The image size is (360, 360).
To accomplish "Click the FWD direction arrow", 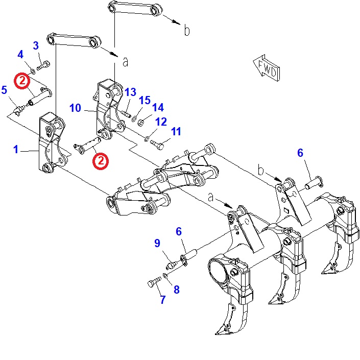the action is click(267, 68).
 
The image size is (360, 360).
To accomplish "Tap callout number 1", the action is click(16, 149).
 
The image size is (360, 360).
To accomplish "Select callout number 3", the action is click(36, 45).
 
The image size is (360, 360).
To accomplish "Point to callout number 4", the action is click(20, 55).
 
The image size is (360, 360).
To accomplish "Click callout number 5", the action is click(4, 90).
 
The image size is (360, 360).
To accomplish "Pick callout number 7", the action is click(163, 299).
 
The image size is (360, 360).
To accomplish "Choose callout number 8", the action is click(177, 290).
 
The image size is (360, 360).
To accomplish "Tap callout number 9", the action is click(157, 243).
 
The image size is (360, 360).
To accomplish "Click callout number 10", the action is click(75, 108).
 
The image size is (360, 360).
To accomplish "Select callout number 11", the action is click(176, 131).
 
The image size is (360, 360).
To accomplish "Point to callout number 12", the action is click(161, 122).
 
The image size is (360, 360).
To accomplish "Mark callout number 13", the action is click(130, 92).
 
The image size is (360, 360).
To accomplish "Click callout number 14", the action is click(158, 107).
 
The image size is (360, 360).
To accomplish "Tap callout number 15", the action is click(145, 100).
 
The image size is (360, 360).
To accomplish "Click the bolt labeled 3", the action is click(43, 65).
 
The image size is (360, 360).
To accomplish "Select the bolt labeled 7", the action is click(155, 282).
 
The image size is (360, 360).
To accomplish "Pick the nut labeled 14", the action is click(140, 123).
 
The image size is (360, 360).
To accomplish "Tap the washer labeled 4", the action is click(33, 71).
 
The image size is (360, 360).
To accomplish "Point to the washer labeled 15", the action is click(134, 118).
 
